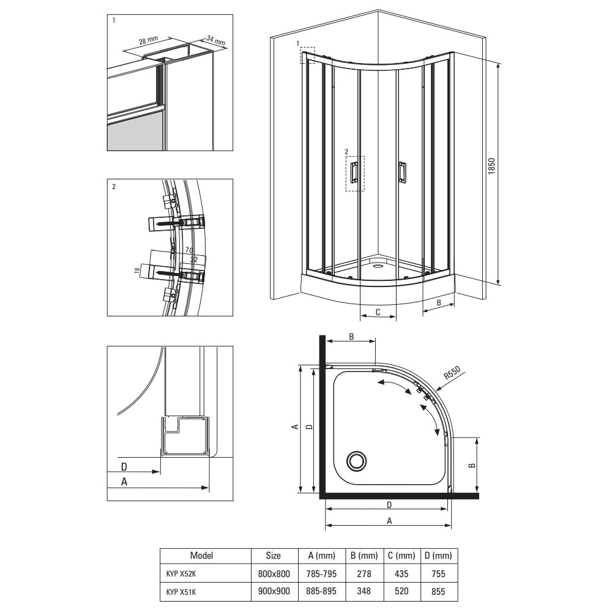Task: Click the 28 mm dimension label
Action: pyautogui.click(x=148, y=40)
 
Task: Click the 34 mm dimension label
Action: pyautogui.click(x=216, y=40)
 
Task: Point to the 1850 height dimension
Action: pyautogui.click(x=491, y=166)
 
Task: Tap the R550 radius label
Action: pyautogui.click(x=452, y=373)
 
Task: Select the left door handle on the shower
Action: pyautogui.click(x=354, y=172)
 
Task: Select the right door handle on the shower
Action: pyautogui.click(x=401, y=172)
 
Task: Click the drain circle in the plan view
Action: pyautogui.click(x=356, y=461)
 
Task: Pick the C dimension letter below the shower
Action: pyautogui.click(x=378, y=312)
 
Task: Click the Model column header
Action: pyautogui.click(x=201, y=556)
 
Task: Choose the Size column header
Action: pyautogui.click(x=273, y=556)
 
